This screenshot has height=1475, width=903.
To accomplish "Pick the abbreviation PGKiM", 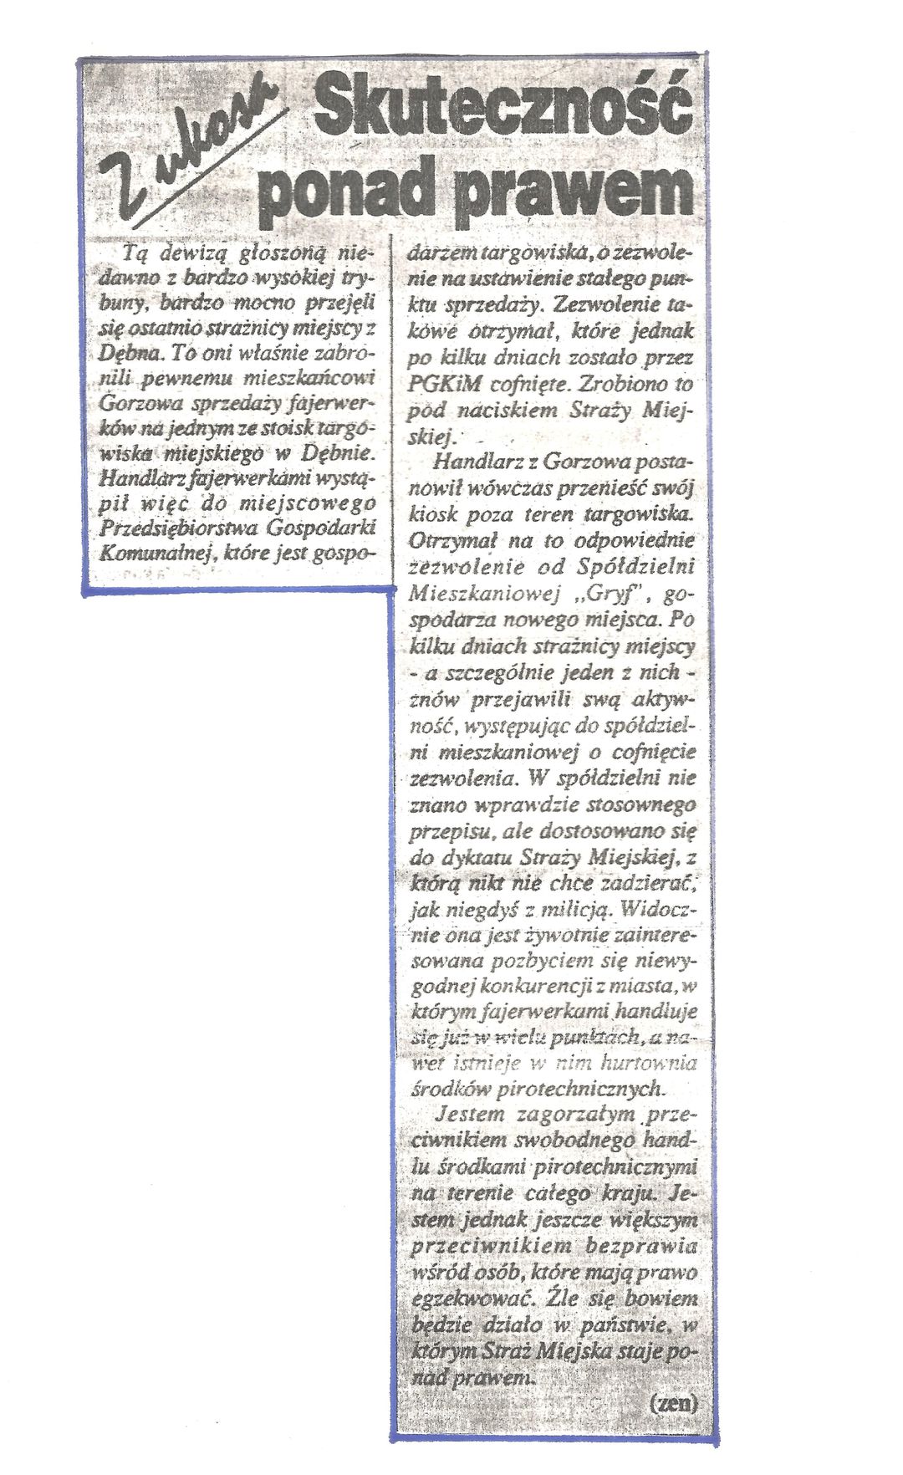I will (443, 385).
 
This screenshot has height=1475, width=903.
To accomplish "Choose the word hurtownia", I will (652, 1063).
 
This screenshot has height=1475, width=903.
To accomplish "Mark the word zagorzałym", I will (569, 1115).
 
